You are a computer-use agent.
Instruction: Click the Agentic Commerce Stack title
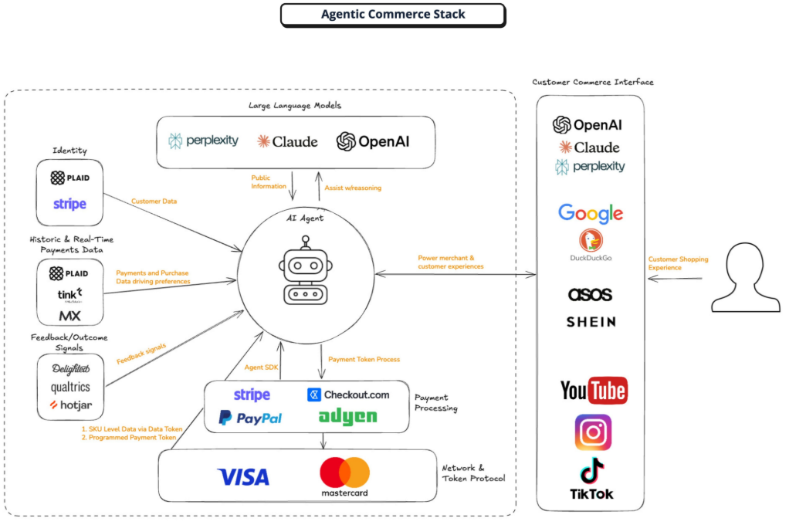pyautogui.click(x=393, y=14)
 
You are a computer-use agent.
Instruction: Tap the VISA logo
pyautogui.click(x=243, y=476)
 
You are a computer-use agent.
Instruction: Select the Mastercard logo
pyautogui.click(x=344, y=476)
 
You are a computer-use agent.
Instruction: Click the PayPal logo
pyautogui.click(x=250, y=418)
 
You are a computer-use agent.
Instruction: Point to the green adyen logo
pyautogui.click(x=347, y=417)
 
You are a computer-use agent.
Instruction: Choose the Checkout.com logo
pyautogui.click(x=348, y=395)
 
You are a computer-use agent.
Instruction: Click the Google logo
pyautogui.click(x=591, y=213)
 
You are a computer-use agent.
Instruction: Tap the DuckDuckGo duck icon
pyautogui.click(x=591, y=240)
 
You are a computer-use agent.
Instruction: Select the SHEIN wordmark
pyautogui.click(x=591, y=322)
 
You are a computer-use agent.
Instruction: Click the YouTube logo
pyautogui.click(x=594, y=390)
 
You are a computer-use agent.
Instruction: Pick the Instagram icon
pyautogui.click(x=593, y=432)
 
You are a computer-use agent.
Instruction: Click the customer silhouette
pyautogui.click(x=745, y=277)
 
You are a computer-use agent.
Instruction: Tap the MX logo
pyautogui.click(x=69, y=316)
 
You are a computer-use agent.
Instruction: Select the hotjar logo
pyautogui.click(x=71, y=405)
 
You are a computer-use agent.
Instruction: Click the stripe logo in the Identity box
pyautogui.click(x=70, y=204)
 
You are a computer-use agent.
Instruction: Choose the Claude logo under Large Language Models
pyautogui.click(x=287, y=141)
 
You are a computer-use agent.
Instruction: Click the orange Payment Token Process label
pyautogui.click(x=364, y=360)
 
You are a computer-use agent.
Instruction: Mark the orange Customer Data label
pyautogui.click(x=154, y=202)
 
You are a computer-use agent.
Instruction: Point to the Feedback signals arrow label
pyautogui.click(x=141, y=354)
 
